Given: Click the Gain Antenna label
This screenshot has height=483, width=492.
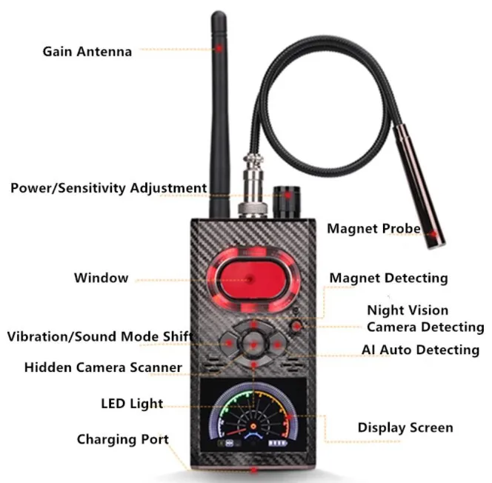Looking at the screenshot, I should coord(87,51).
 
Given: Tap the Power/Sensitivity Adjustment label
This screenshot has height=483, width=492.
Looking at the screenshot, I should coord(108,187).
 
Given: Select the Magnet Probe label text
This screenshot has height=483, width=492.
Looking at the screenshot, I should coord(373,229).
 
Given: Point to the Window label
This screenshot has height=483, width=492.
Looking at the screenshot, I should coord(101,279).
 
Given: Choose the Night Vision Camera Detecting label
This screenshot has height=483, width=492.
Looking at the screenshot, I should coord(425,319).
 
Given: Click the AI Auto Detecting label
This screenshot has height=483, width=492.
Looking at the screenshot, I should coord(420,350).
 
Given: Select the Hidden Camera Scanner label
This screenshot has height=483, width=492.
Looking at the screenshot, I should coord(103,367).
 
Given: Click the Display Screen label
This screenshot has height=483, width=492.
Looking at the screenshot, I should coord(405,427).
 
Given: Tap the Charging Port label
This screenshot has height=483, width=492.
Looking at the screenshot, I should coord(122,439).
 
